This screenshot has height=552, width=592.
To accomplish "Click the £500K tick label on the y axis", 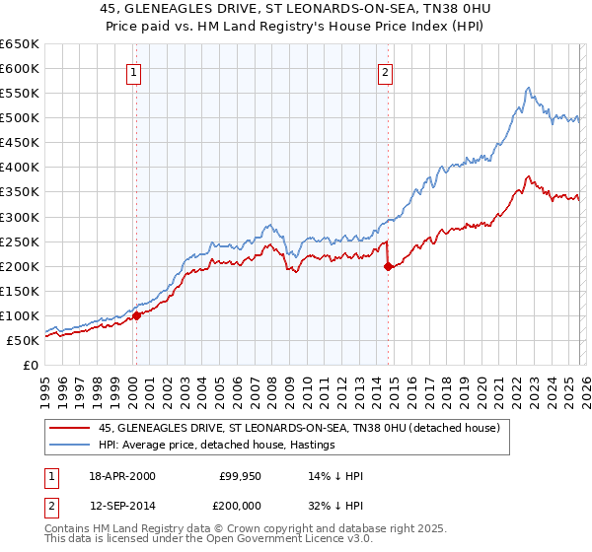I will click(x=20, y=118).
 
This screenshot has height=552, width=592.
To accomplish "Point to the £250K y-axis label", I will click(x=20, y=241).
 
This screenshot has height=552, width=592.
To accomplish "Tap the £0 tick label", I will click(x=31, y=365).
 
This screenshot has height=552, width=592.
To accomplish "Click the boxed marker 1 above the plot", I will click(x=132, y=71).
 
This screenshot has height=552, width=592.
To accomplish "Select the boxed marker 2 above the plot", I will click(x=385, y=71).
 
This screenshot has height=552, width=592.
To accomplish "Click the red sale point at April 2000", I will click(x=137, y=315).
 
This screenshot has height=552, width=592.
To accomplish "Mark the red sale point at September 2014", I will click(x=388, y=266).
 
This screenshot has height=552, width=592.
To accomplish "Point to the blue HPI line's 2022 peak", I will click(x=529, y=88).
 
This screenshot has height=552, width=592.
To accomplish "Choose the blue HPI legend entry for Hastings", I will click(x=216, y=446).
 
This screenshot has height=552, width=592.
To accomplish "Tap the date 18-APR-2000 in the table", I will click(x=121, y=476).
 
